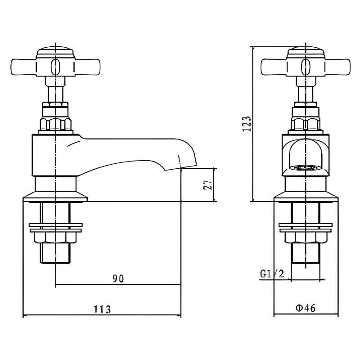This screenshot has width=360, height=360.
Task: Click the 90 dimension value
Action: [118, 279]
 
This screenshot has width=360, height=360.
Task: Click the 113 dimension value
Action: [102, 310]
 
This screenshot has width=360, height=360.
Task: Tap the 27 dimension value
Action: [207, 184]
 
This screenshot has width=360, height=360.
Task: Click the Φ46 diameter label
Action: [306, 308]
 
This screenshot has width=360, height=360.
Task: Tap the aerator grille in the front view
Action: [306, 169]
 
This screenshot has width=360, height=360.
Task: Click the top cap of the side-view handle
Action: [55, 51]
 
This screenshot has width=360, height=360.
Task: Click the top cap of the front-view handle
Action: [306, 51]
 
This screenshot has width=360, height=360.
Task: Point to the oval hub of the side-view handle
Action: [55, 67]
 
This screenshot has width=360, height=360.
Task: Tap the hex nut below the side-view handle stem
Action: [55, 124]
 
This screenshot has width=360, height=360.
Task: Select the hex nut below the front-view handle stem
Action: [306, 124]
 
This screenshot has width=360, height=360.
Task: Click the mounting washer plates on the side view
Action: [55, 228]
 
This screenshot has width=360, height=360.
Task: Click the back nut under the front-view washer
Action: [306, 238]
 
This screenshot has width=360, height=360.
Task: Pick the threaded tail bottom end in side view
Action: [55, 261]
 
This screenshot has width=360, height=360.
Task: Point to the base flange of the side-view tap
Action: [55, 196]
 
